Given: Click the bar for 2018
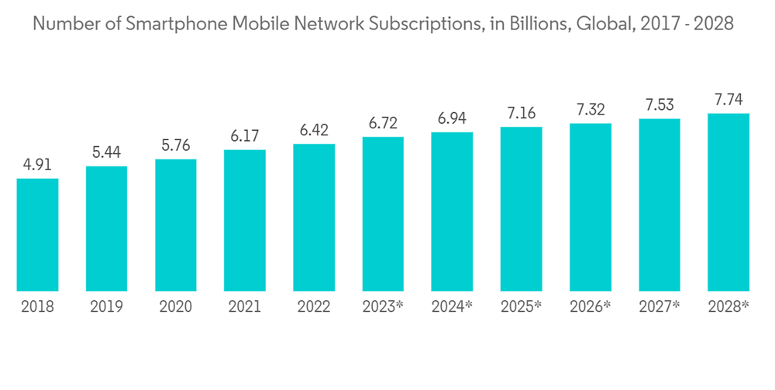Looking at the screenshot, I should [x=37, y=234].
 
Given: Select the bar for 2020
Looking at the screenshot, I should [x=175, y=225].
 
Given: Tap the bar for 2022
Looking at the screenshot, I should [x=314, y=217].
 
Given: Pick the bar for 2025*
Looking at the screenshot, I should [x=521, y=209].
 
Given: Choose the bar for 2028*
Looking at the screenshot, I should [x=728, y=202].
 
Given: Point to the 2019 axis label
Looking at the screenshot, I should [x=106, y=307].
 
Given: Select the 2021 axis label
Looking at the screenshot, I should [x=245, y=307].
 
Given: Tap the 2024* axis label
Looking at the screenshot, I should [x=453, y=307].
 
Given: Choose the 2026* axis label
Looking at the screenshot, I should [x=591, y=307].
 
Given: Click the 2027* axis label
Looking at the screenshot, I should [x=660, y=307].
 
